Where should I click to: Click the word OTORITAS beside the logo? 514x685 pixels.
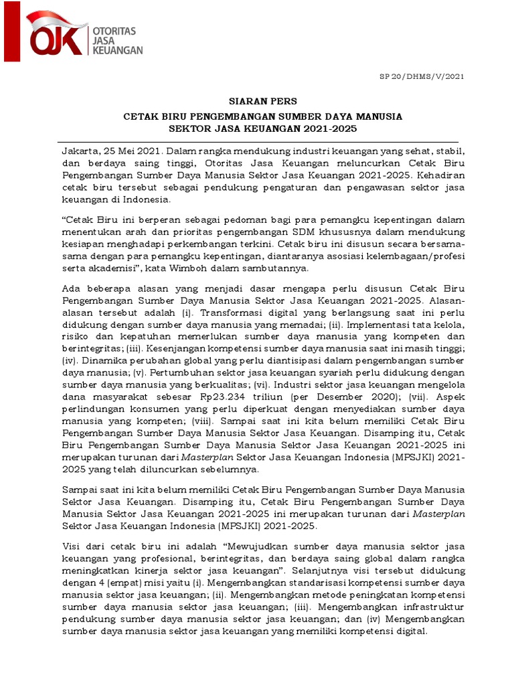pos(114,30)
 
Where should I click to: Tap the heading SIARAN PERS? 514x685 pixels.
pos(258,102)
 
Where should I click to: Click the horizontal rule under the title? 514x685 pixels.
pos(258,141)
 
